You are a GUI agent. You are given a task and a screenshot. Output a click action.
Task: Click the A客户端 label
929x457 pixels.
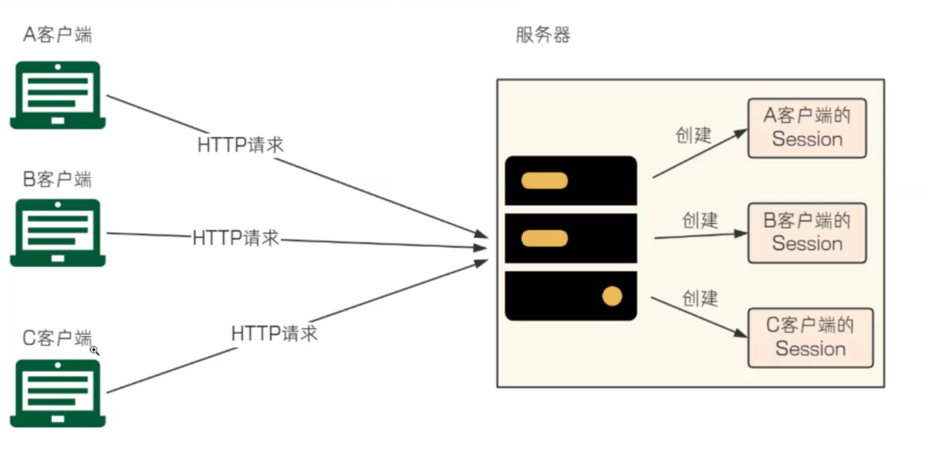pyautogui.click(x=57, y=34)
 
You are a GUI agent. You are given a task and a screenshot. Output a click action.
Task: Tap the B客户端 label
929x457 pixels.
pyautogui.click(x=57, y=179)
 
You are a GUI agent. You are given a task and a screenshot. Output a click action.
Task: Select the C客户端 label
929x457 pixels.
pyautogui.click(x=57, y=337)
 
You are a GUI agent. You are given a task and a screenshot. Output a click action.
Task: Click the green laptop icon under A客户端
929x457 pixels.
pyautogui.click(x=58, y=95)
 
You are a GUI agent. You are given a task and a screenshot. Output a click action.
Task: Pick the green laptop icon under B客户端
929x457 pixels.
pyautogui.click(x=58, y=233)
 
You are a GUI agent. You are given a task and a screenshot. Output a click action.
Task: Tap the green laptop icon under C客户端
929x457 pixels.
pyautogui.click(x=58, y=393)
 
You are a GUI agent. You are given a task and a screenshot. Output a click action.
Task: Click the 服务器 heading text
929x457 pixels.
pyautogui.click(x=543, y=35)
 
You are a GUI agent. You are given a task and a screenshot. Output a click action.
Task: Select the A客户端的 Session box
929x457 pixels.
pyautogui.click(x=807, y=128)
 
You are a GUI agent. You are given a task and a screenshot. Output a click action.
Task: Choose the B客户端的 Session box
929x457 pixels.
pyautogui.click(x=807, y=233)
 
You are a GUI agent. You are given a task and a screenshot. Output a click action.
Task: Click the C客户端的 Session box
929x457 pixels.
pyautogui.click(x=810, y=337)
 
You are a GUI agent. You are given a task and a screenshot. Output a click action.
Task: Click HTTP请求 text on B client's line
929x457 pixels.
pyautogui.click(x=236, y=238)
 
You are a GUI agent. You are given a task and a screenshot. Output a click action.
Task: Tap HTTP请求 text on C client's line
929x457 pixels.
pyautogui.click(x=275, y=333)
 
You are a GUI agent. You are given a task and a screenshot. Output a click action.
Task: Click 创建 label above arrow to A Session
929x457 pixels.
pyautogui.click(x=694, y=135)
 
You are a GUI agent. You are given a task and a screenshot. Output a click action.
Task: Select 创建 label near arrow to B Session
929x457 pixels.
pyautogui.click(x=700, y=220)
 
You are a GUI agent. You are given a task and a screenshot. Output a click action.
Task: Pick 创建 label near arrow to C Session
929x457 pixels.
pyautogui.click(x=700, y=298)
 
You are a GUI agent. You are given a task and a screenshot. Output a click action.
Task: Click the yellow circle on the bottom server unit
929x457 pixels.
pyautogui.click(x=612, y=296)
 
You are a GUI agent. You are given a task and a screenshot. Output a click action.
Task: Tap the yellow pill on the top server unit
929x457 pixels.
pyautogui.click(x=544, y=181)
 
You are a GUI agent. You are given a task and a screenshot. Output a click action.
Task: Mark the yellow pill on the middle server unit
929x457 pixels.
pyautogui.click(x=544, y=238)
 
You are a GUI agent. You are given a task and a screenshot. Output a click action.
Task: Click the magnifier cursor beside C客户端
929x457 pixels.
pyautogui.click(x=95, y=350)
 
